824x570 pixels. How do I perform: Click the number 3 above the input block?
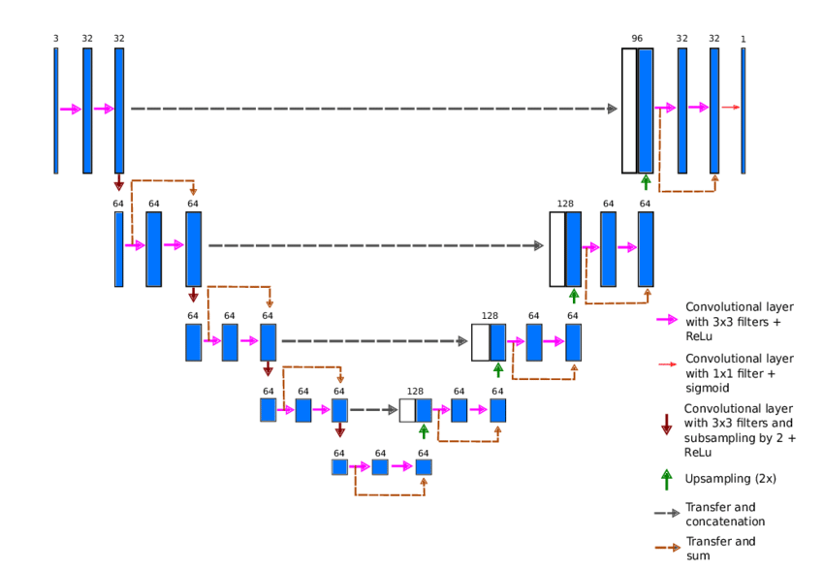[x=55, y=39]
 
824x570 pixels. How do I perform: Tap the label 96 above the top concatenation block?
[x=637, y=39]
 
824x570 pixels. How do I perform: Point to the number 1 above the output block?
[x=744, y=39]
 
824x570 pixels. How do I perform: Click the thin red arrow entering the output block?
[x=731, y=108]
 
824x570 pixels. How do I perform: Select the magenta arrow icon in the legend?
[x=666, y=318]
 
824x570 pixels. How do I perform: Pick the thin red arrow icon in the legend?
[x=666, y=364]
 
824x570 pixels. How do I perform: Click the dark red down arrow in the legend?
[x=666, y=424]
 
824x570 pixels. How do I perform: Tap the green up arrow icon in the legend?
[x=666, y=478]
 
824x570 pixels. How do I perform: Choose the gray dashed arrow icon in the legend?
[x=666, y=513]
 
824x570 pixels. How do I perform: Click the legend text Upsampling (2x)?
[x=730, y=478]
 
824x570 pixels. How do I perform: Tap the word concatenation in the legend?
[x=725, y=522]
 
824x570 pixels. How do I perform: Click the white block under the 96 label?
[x=629, y=111]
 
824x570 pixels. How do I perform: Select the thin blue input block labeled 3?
[x=55, y=111]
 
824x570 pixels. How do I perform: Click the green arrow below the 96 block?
[x=646, y=182]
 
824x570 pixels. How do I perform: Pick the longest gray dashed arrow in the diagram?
[x=373, y=109]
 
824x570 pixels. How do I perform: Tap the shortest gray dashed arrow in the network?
[x=374, y=410]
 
